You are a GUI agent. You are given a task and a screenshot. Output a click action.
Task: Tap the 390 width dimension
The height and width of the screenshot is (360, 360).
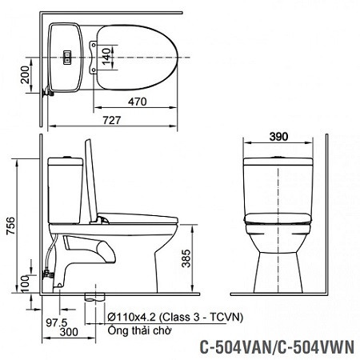point(278,137)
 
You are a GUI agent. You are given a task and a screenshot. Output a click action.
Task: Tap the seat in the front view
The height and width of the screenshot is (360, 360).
point(278,215)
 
